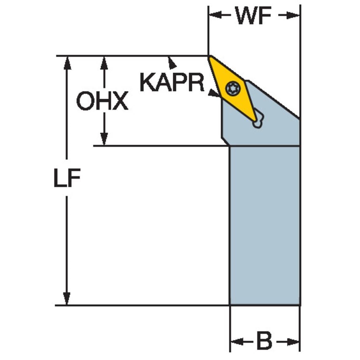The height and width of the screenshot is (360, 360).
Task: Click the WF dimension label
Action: coord(253,16)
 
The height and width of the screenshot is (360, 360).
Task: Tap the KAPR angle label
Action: coord(172,82)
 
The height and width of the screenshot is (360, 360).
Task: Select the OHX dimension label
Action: coord(102,101)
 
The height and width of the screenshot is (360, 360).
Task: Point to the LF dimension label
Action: coord(67,178)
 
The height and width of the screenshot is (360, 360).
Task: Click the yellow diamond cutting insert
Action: coord(233,89)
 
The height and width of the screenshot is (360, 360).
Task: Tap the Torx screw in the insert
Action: coord(233,88)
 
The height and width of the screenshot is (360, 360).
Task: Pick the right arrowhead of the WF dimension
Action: coord(293,15)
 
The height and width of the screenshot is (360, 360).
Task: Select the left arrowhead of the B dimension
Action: coord(237,341)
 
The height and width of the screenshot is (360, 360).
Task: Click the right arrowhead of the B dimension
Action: coord(293,341)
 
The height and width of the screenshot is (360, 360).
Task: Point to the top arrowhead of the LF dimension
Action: coord(67,63)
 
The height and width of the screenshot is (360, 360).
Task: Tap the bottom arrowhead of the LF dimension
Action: coord(67,298)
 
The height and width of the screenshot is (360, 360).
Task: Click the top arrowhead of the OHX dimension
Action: coord(104,63)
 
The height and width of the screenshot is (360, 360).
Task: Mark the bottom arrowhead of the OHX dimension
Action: coord(104,139)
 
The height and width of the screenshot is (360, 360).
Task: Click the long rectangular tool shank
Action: coord(265,226)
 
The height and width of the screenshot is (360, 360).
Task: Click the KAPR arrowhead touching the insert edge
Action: coord(214,93)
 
